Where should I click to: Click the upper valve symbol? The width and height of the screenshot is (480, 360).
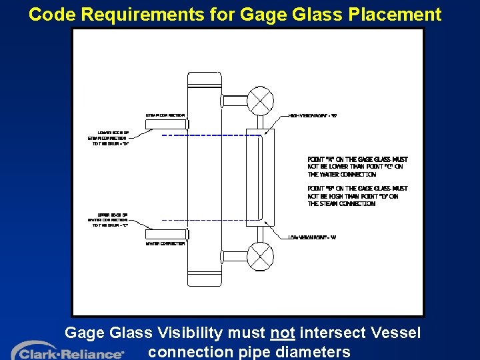(261, 101)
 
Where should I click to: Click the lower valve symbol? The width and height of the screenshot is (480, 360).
(261, 257)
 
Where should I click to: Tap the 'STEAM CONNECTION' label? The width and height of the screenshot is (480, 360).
(165, 115)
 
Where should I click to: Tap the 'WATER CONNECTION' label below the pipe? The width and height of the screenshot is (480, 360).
(165, 243)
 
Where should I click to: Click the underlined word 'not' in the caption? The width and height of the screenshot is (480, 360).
(283, 332)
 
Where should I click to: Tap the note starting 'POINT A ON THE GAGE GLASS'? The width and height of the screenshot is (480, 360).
(357, 167)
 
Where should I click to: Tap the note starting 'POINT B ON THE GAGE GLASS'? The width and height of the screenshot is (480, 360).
(357, 196)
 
